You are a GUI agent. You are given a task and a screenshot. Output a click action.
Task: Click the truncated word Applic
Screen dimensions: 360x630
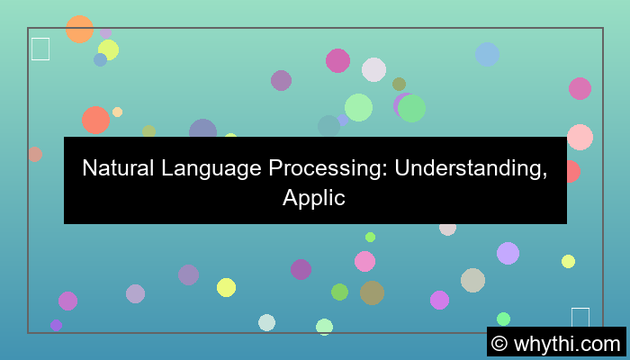coord(314,198)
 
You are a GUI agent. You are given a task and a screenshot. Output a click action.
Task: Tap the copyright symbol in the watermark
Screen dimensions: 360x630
coord(499,343)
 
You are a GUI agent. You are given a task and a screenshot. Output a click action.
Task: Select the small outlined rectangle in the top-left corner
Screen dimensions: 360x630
coord(40,49)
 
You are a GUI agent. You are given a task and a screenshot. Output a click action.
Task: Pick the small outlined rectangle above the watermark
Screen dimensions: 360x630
coord(580,318)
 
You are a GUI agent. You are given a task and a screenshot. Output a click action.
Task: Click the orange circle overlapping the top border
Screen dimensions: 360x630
coord(79,29)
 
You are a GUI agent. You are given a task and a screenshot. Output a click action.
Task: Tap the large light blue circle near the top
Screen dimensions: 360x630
coord(487,54)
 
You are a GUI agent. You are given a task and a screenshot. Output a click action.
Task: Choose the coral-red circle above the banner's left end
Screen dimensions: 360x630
coord(95,120)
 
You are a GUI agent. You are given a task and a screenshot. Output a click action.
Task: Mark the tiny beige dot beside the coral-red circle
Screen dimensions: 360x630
coord(117,112)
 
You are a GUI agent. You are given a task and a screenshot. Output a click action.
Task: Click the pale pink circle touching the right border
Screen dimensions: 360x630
coord(580,137)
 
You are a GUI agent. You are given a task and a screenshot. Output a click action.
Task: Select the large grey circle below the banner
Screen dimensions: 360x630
coord(472,280)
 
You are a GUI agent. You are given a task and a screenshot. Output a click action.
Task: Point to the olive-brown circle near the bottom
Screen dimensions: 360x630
coord(372,292)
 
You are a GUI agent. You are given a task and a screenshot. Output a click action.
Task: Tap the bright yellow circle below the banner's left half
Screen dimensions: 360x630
coord(226,287)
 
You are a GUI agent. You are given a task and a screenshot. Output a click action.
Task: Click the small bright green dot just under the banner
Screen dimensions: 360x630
coord(370,237)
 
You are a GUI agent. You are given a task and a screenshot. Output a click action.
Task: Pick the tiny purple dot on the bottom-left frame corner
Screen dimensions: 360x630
coord(56,326)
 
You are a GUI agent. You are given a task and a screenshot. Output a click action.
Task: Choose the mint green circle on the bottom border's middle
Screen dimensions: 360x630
coord(324,327)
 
